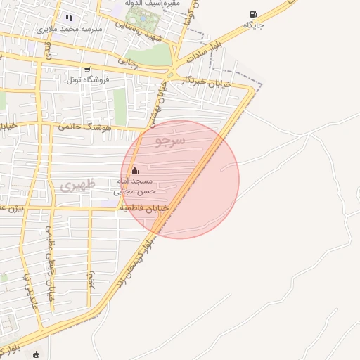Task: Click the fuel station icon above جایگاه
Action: click(x=253, y=14)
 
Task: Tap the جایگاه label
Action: click(x=253, y=25)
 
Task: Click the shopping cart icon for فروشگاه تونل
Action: click(x=87, y=69)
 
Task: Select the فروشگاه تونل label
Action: click(x=87, y=79)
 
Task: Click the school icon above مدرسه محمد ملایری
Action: click(x=68, y=18)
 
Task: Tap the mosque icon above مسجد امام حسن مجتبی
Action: click(x=135, y=169)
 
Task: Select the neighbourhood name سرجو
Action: click(x=169, y=141)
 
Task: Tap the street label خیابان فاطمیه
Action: click(x=144, y=208)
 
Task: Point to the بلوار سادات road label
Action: click(x=205, y=53)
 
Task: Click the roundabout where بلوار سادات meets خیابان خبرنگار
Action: click(x=171, y=74)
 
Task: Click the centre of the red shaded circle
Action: click(x=181, y=179)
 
